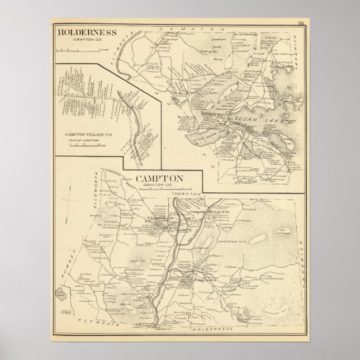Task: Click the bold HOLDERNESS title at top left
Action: (x=86, y=32)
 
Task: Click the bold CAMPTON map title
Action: (x=159, y=178)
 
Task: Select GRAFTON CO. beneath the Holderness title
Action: (x=86, y=40)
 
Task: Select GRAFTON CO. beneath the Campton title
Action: (x=159, y=186)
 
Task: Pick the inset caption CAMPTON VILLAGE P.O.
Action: (x=88, y=135)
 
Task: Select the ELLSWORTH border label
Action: (x=110, y=178)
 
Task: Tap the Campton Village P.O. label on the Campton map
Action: (x=206, y=212)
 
